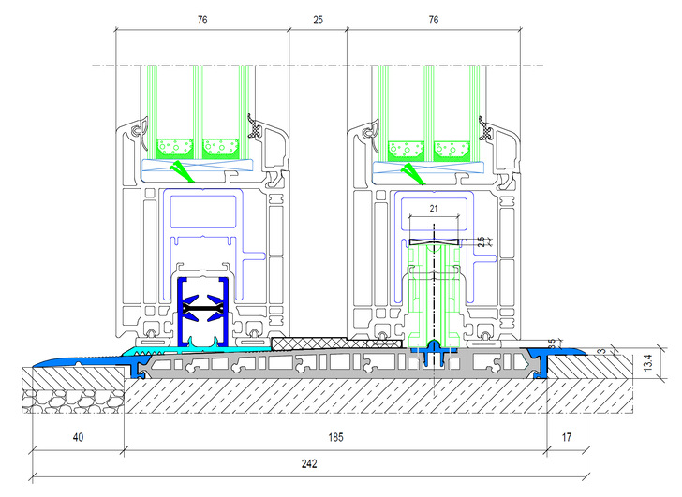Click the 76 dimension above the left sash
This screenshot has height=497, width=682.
201,19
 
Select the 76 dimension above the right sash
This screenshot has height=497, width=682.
434,19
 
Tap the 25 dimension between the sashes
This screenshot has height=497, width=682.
318,19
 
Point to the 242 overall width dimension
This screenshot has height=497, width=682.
306,463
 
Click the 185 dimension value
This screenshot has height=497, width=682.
334,437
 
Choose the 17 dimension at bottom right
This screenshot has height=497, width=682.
566,437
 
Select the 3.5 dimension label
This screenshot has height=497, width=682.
552,344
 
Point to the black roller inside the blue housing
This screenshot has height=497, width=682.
203,306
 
